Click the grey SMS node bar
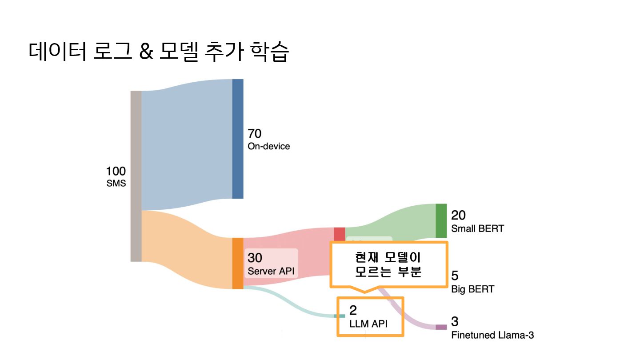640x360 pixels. [136, 176]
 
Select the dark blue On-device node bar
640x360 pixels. [238, 139]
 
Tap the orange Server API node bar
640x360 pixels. [238, 263]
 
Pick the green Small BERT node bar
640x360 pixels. [441, 221]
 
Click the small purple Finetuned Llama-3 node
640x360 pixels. [441, 327]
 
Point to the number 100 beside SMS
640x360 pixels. [116, 171]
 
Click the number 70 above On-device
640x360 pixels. [255, 133]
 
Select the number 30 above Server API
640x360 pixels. [255, 258]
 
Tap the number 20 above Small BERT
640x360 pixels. [458, 215]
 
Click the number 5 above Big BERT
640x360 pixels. [455, 276]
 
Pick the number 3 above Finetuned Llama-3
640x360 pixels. [455, 321]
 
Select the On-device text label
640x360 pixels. [268, 146]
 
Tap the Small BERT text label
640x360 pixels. [477, 229]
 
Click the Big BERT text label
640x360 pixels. [472, 289]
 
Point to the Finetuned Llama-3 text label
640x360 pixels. [492, 335]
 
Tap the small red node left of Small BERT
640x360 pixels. [340, 234]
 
